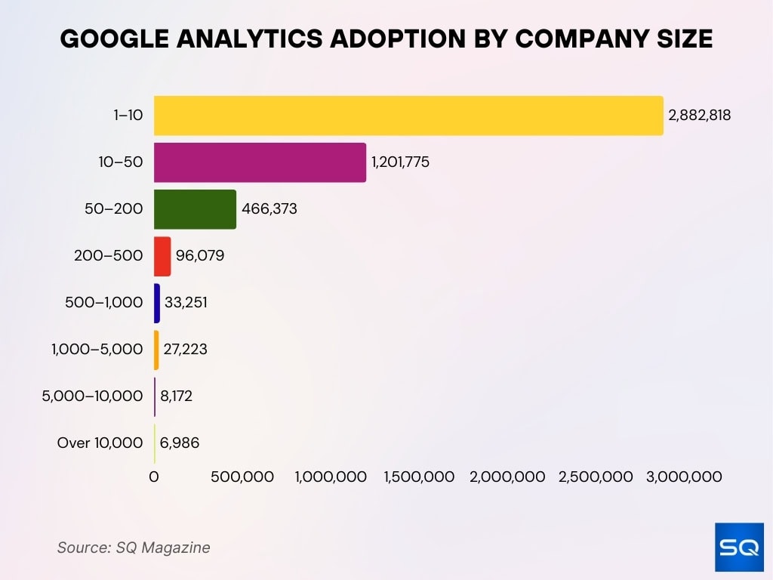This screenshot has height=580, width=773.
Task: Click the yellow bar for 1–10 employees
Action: (x=408, y=116)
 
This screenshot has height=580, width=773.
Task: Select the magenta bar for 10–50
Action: (x=260, y=162)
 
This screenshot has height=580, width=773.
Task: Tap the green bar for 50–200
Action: (x=195, y=209)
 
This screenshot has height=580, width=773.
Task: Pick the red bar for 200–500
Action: (x=162, y=256)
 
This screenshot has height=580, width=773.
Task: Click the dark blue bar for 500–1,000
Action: (x=157, y=303)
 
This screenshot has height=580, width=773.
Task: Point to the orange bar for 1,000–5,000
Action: (x=156, y=350)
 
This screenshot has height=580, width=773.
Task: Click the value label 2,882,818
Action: (x=699, y=116)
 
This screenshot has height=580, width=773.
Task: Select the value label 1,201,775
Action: (x=400, y=162)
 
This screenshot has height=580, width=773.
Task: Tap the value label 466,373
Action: (x=269, y=209)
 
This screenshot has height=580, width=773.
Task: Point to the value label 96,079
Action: (x=200, y=256)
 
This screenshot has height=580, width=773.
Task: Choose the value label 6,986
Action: (x=179, y=443)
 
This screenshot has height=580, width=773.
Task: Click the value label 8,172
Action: (x=176, y=396)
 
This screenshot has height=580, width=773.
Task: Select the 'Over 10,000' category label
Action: (x=100, y=443)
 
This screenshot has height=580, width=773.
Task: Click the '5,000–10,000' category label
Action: (x=92, y=396)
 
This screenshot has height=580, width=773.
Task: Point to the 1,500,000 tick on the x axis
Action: (x=419, y=477)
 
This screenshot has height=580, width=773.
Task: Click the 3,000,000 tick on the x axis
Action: (x=684, y=477)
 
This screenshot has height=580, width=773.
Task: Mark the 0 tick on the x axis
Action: (x=154, y=477)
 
